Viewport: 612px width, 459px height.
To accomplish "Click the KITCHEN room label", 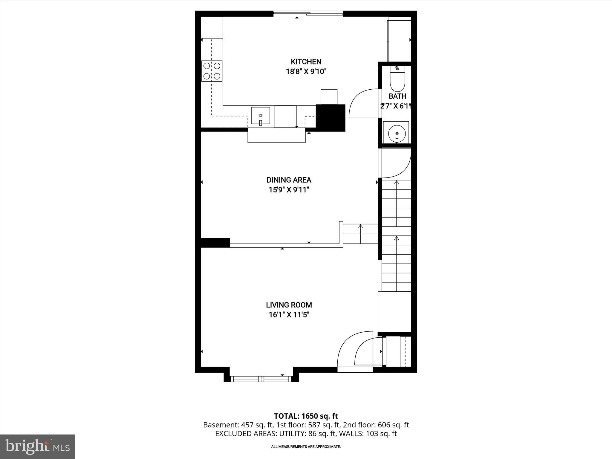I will point(306,62).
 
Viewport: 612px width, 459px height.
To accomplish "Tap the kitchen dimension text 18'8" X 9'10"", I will point(306,72).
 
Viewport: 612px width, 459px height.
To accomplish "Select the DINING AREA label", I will point(289,180).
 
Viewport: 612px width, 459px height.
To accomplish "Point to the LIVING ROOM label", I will point(289,305).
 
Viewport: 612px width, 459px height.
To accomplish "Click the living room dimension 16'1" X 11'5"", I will point(289,315).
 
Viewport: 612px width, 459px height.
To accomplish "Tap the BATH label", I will point(397,96).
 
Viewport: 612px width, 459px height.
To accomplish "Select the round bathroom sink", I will point(397,133).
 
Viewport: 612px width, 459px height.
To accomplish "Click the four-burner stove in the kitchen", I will point(212,71).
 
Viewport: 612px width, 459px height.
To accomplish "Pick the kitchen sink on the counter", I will point(260,116).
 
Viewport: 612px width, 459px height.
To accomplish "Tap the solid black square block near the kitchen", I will point(331,118).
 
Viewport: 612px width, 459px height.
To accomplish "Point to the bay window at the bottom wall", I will point(261,379).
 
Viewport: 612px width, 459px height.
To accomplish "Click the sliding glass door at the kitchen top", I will point(308,13).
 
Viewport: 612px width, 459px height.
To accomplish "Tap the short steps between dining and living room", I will point(360,234).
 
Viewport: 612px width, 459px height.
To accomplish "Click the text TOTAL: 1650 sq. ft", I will point(306,416).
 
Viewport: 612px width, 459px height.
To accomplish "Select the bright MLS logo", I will point(37,446).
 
